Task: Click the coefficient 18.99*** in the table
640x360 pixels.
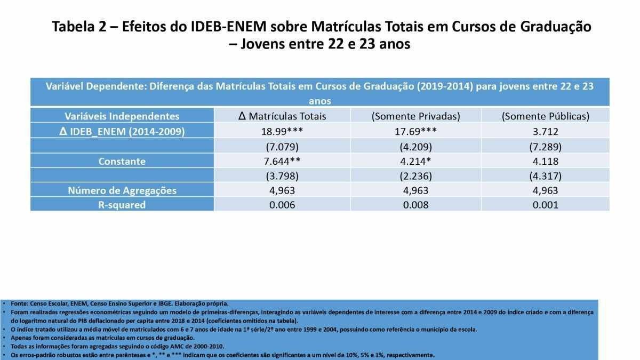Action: [x=282, y=131]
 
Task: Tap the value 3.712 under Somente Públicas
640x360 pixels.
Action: [x=545, y=131]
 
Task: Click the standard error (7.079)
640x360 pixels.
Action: [x=282, y=146]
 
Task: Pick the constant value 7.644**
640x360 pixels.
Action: [x=282, y=161]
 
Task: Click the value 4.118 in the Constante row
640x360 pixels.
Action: [x=545, y=161]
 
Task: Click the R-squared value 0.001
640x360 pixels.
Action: [x=545, y=205]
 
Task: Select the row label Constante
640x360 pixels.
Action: [x=122, y=161]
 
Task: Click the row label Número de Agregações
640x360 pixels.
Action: [x=122, y=190]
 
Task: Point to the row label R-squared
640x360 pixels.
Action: [x=122, y=205]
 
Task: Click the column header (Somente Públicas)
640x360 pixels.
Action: [x=545, y=116]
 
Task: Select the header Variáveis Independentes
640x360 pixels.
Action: [x=122, y=116]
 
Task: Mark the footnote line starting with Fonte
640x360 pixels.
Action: [x=119, y=303]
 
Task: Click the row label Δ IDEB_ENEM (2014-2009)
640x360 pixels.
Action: [x=122, y=131]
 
